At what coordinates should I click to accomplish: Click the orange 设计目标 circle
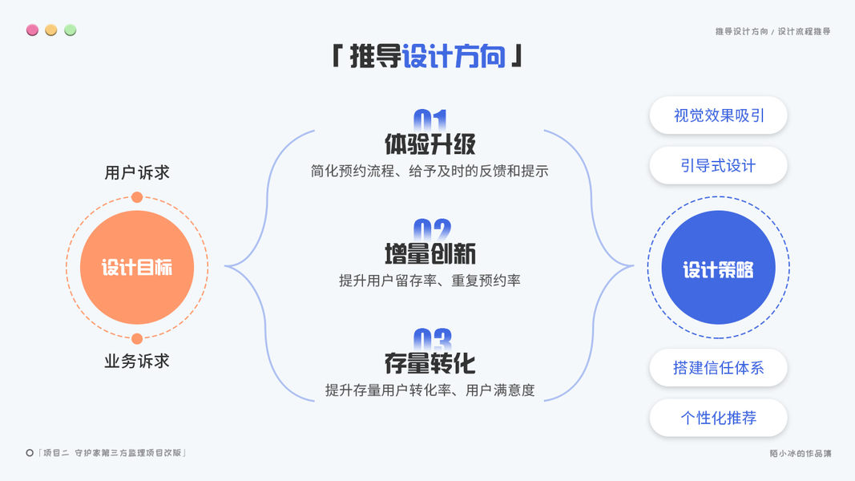[x=137, y=268]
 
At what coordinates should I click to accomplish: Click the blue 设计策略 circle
[x=718, y=268]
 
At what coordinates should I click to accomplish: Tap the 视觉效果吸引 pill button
[x=719, y=115]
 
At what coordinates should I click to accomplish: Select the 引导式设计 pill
[x=719, y=166]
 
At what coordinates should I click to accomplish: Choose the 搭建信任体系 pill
[x=719, y=368]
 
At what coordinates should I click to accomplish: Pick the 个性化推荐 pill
[x=719, y=418]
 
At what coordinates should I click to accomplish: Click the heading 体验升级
[x=430, y=144]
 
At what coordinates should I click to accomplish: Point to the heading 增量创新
[x=430, y=254]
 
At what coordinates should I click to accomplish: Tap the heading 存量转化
[x=430, y=364]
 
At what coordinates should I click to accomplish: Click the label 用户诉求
[x=137, y=172]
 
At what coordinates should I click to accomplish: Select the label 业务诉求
[x=137, y=362]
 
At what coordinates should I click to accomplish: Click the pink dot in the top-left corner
[x=32, y=30]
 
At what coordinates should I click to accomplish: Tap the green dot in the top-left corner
[x=71, y=30]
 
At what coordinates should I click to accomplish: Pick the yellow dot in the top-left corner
[x=51, y=30]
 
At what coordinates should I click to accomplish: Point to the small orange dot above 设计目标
[x=137, y=197]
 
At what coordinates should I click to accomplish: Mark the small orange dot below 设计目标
[x=137, y=338]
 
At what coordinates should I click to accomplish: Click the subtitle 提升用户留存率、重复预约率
[x=430, y=281]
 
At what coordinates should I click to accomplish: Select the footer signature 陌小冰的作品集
[x=801, y=454]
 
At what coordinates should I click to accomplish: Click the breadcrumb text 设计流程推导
[x=804, y=31]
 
